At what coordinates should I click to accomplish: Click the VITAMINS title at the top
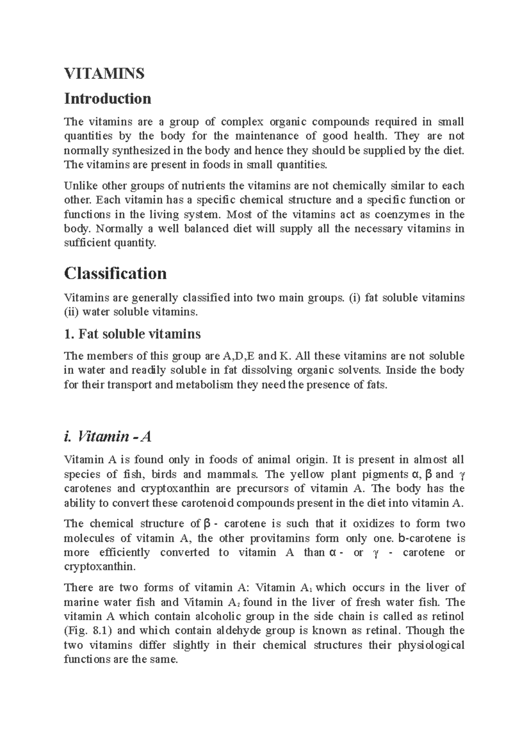[104, 74]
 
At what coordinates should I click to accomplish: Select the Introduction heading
[108, 98]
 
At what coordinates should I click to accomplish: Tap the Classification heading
[115, 274]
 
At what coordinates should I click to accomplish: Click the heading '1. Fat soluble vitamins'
[132, 334]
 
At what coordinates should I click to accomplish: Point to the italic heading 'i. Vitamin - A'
[108, 437]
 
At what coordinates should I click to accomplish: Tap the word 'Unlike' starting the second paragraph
[81, 186]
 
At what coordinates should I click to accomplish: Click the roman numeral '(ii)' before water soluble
[71, 312]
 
